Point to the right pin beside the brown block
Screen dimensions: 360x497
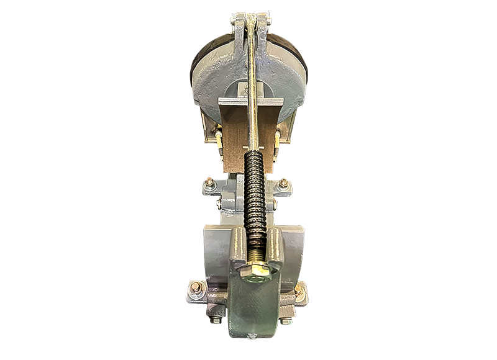[274, 142]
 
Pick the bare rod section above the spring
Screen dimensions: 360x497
[251, 93]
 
